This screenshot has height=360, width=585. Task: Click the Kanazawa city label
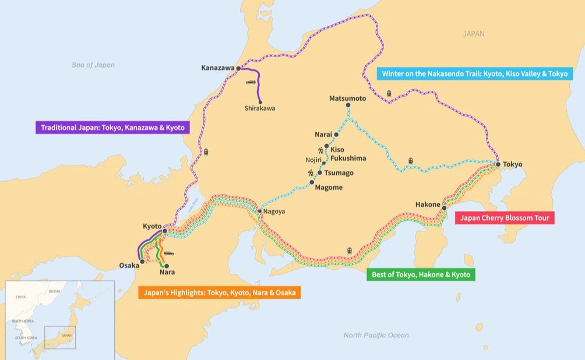point(217,68)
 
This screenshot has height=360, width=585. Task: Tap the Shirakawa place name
point(259,108)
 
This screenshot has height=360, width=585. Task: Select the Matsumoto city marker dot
point(348,105)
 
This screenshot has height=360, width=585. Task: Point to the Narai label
point(323,135)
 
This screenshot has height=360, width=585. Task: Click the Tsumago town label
point(339,173)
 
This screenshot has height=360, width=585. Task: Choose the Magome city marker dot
point(312,182)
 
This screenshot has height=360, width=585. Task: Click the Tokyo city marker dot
point(498,165)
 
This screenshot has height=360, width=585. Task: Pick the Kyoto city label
point(152,226)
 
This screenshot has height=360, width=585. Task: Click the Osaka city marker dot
point(142,262)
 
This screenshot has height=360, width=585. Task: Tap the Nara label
point(167,272)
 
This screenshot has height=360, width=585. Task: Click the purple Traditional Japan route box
point(112,127)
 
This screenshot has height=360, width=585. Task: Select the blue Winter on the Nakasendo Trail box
point(475,74)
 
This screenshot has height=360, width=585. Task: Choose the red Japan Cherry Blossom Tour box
point(505,218)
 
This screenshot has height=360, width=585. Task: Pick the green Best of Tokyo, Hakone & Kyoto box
point(421,274)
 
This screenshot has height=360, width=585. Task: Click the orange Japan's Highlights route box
point(220,292)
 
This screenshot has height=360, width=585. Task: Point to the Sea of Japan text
point(93,65)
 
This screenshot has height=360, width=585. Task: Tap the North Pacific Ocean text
point(376,335)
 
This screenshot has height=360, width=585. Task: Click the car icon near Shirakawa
point(251,82)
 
